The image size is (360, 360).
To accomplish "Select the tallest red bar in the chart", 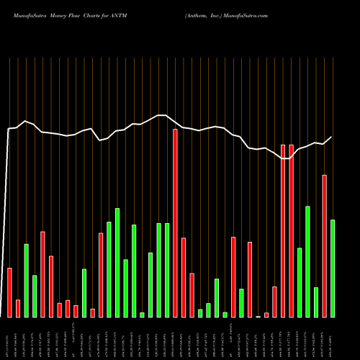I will pos(175,222).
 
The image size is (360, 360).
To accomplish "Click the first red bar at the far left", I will pos(9,292).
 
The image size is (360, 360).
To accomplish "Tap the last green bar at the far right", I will pos(333,268).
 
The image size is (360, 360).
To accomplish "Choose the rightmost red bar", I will pos(325,246).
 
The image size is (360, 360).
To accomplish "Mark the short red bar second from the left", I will pos(18,308).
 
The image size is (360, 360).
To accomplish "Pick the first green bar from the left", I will pos(26,280).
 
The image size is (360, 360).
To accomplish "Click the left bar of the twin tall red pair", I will pos(283,230).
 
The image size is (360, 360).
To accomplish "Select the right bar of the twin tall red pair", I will pos(292,230).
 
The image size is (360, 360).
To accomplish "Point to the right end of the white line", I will pos(332,137).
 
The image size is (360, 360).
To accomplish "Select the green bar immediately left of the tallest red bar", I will pos(167,270).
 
